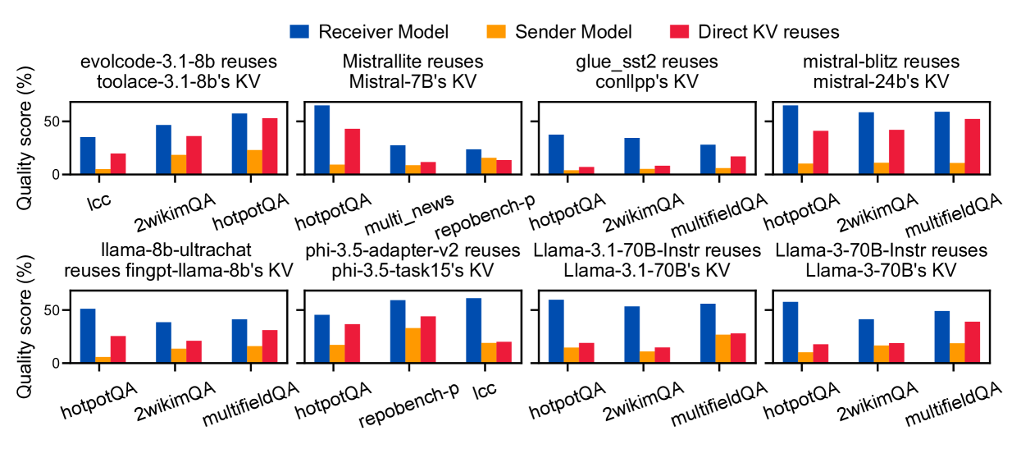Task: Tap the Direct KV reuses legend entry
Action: pos(754,32)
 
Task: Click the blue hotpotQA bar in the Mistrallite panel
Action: pos(322,140)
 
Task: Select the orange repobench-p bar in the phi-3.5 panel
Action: pos(414,346)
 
